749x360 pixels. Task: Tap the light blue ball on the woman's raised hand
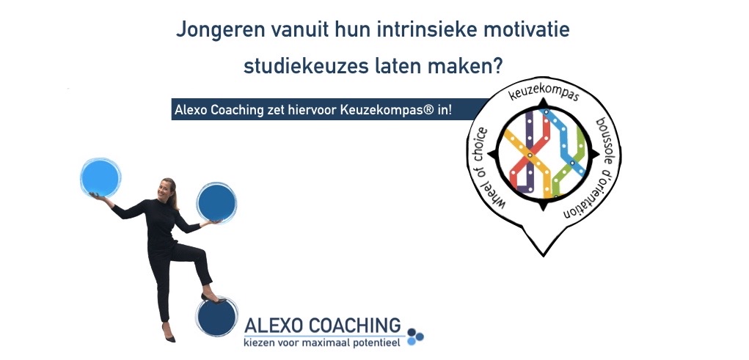[100, 177]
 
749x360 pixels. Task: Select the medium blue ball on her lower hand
[216, 202]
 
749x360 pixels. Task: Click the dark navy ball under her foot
[217, 317]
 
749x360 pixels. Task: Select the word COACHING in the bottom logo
[354, 326]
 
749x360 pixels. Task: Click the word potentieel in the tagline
[377, 343]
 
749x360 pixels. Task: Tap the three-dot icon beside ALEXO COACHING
[415, 336]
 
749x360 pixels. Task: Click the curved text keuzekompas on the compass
[544, 92]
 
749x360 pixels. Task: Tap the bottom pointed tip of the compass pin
[544, 256]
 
